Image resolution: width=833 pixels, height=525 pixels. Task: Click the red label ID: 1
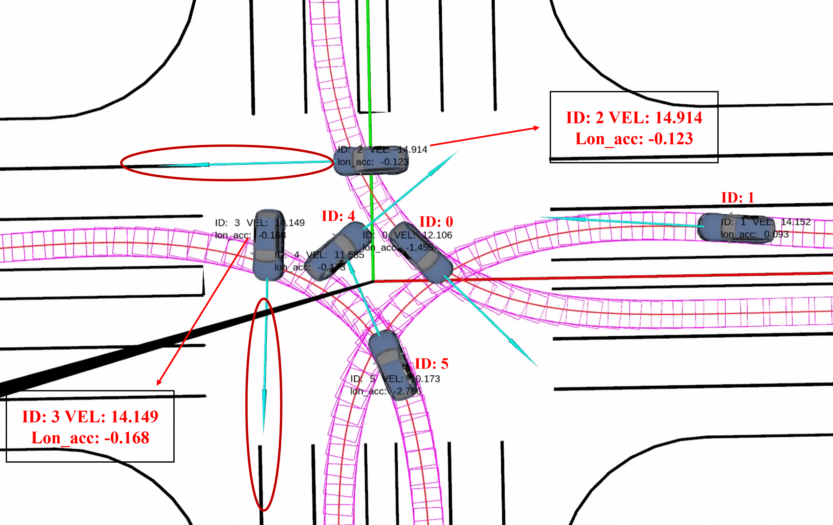[737, 197]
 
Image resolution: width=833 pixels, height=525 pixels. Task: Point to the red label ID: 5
[431, 364]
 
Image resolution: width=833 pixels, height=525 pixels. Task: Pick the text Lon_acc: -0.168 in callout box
[90, 438]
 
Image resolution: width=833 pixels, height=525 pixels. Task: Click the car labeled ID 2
[371, 161]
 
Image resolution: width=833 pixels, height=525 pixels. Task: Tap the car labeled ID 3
[268, 245]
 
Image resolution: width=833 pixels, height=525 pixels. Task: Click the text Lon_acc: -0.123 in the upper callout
[634, 139]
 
